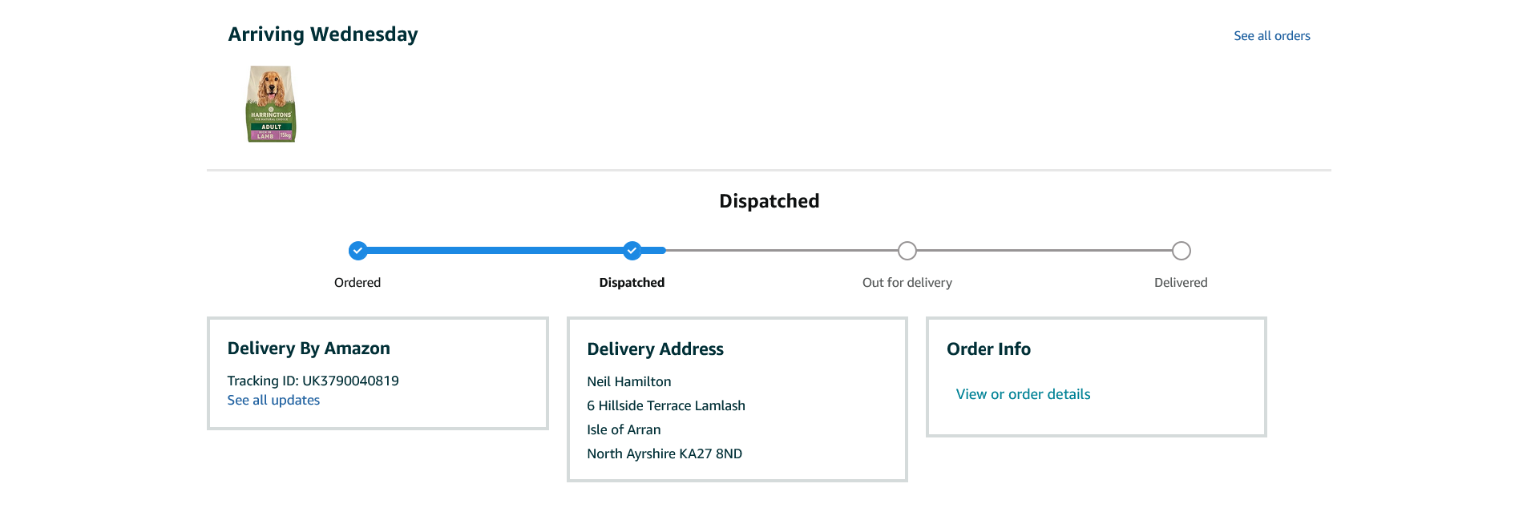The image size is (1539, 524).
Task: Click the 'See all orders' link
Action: pyautogui.click(x=1271, y=36)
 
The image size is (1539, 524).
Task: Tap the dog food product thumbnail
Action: pyautogui.click(x=271, y=104)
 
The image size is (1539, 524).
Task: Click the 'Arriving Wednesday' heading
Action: pyautogui.click(x=323, y=34)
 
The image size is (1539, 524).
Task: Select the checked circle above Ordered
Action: pyautogui.click(x=357, y=251)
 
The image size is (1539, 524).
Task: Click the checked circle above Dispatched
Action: pyautogui.click(x=632, y=251)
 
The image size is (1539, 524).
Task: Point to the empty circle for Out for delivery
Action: pyautogui.click(x=907, y=251)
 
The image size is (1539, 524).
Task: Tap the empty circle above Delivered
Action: pyautogui.click(x=1181, y=251)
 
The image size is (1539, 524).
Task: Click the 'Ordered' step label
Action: pyautogui.click(x=357, y=283)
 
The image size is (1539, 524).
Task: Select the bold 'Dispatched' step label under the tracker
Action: pyautogui.click(x=632, y=283)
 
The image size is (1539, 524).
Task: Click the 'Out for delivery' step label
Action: pyautogui.click(x=907, y=283)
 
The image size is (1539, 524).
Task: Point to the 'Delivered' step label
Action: pyautogui.click(x=1181, y=283)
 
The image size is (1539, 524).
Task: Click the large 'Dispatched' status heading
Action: pyautogui.click(x=769, y=201)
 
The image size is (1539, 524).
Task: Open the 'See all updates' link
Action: pyautogui.click(x=273, y=401)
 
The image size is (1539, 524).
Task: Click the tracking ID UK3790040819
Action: pyautogui.click(x=350, y=381)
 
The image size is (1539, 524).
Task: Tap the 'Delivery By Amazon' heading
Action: pyautogui.click(x=309, y=349)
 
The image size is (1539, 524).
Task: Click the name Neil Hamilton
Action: pyautogui.click(x=629, y=382)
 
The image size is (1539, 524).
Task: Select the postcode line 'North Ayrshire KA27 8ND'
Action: pyautogui.click(x=664, y=454)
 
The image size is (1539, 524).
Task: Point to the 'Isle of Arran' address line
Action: pyautogui.click(x=624, y=430)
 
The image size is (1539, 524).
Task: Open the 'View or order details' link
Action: pyautogui.click(x=1023, y=394)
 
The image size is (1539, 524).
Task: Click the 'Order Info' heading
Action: pyautogui.click(x=988, y=349)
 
